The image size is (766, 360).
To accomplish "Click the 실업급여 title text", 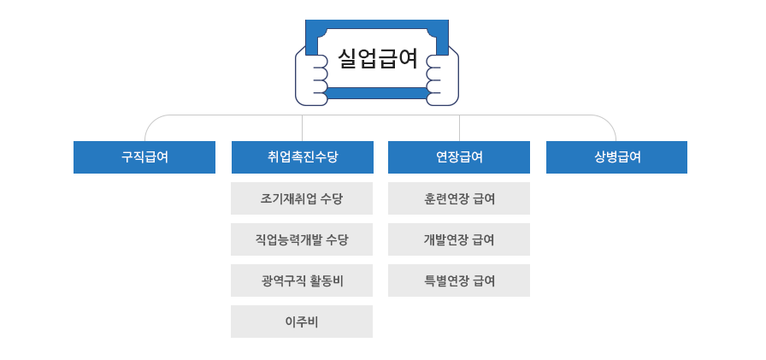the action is click(377, 59).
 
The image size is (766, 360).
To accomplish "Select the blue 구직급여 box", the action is click(144, 157).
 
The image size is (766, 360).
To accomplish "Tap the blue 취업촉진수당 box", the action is click(302, 157).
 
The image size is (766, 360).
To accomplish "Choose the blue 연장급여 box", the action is click(459, 157).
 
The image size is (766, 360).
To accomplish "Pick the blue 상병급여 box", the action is click(616, 157).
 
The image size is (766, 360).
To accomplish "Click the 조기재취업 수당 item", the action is click(302, 198).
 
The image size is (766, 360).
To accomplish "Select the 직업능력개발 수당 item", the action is click(302, 239).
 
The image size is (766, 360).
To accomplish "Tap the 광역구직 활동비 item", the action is click(302, 280).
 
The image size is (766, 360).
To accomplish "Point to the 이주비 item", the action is click(302, 322).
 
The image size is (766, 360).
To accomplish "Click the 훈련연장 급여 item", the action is click(459, 198).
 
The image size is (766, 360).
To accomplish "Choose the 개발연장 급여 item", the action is click(459, 239).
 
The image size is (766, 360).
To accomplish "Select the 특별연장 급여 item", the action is click(459, 280).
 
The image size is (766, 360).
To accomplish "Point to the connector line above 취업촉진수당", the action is click(302, 128).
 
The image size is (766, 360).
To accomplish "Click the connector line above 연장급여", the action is click(459, 128).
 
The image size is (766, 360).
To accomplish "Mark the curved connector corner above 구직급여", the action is click(151, 121).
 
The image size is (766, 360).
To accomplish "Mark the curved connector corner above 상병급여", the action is click(610, 121).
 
